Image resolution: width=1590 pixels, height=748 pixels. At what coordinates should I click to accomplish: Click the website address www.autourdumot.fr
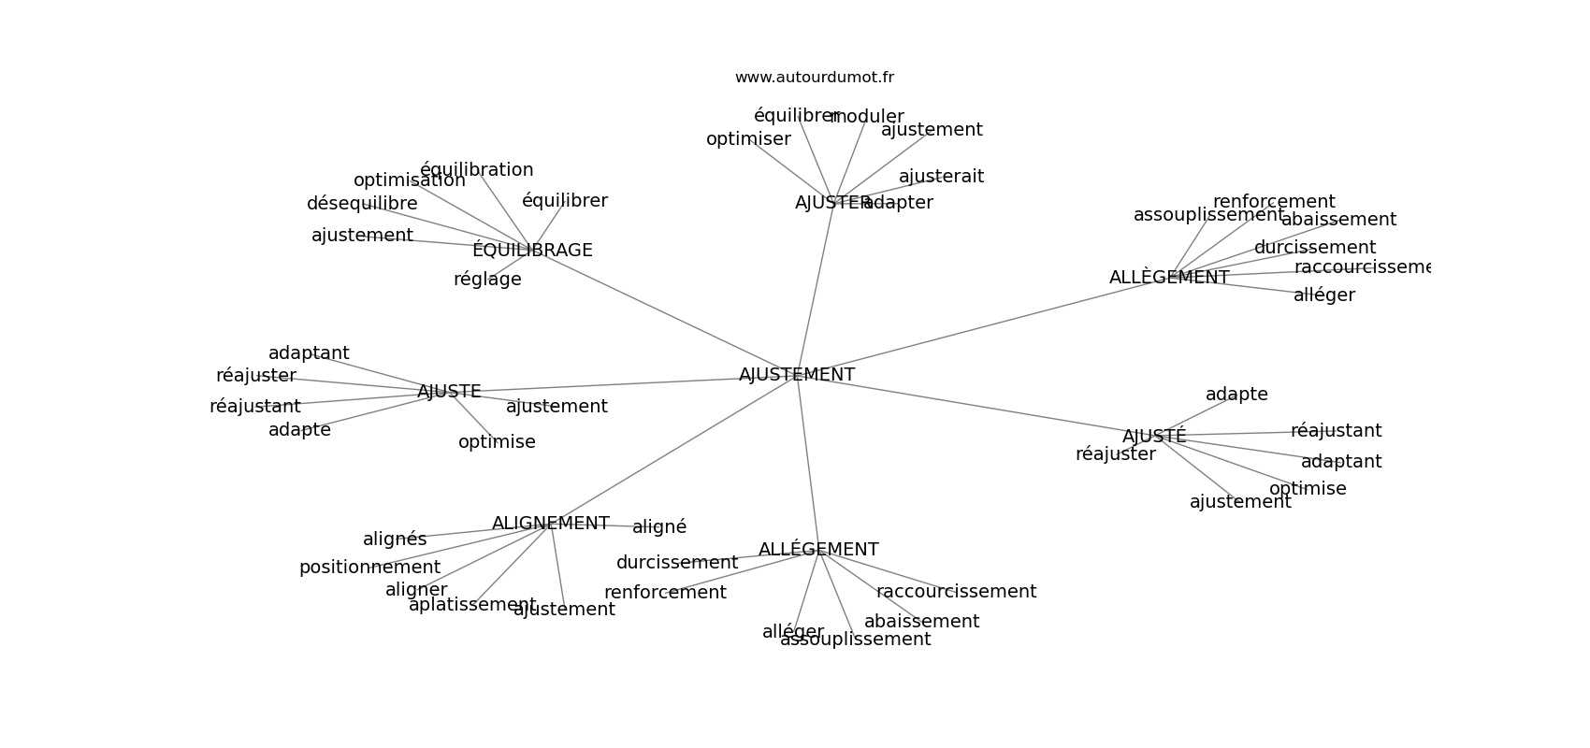pos(814,78)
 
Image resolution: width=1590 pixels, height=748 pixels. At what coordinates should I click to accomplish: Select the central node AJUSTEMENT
pos(797,375)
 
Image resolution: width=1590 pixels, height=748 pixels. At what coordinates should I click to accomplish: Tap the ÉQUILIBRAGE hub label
pos(532,251)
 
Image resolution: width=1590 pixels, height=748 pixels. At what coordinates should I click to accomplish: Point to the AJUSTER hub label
pos(828,203)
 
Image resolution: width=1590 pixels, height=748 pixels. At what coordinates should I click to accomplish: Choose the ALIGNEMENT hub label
pos(550,524)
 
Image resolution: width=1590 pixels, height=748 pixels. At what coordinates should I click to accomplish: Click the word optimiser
pos(748,139)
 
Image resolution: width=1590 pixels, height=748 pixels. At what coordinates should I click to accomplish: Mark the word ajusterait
pos(941,177)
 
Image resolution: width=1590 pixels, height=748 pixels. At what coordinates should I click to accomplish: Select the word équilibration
pos(477,170)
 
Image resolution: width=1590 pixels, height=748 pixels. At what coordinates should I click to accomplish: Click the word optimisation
pos(409,180)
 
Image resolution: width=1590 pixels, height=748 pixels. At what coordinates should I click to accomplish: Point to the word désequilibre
pos(362,204)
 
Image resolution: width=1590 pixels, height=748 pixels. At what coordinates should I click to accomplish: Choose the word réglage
pos(487,280)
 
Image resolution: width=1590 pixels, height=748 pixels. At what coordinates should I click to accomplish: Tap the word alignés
pos(395,539)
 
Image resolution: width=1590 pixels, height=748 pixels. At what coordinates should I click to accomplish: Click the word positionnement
pos(369,568)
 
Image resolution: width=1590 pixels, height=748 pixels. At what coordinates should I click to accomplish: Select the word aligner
pos(416,590)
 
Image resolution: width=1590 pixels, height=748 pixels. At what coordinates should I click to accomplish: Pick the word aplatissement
pos(472,605)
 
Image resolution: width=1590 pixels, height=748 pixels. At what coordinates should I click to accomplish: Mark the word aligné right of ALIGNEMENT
pos(659,527)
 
